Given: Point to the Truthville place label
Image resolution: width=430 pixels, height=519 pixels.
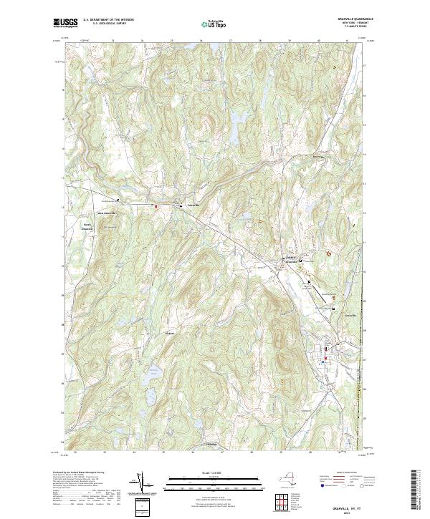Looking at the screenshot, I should click(x=192, y=205).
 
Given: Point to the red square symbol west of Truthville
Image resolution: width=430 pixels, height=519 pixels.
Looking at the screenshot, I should click(x=156, y=206).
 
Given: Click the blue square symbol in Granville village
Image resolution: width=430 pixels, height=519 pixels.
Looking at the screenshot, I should click(x=323, y=362).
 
